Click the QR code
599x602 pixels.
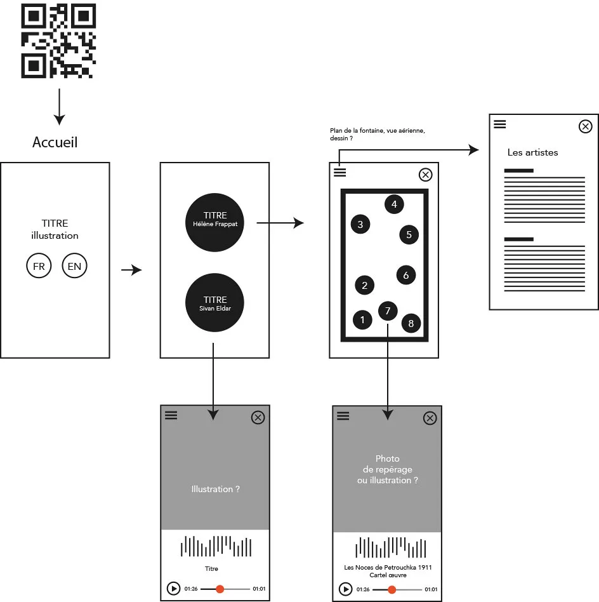point(58,41)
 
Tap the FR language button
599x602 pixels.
point(39,265)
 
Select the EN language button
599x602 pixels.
point(74,265)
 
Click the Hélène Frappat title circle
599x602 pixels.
point(214,222)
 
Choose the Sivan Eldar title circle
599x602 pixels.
point(214,302)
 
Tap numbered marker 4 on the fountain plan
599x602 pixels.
point(394,204)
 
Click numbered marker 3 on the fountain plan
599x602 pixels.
point(360,224)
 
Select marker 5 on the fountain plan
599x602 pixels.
point(409,234)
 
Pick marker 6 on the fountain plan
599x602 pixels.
point(406,275)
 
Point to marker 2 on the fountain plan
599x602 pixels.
point(365,285)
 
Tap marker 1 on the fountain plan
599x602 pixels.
point(362,320)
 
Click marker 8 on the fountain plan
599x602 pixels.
point(411,323)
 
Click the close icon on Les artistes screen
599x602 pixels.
point(585,126)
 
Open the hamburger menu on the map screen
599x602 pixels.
point(340,172)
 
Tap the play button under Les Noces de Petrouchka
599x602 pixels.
point(345,589)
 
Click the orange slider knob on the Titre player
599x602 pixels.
point(220,589)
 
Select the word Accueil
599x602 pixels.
point(55,142)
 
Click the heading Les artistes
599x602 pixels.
point(532,152)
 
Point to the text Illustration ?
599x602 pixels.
point(215,489)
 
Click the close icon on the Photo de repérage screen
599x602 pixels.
point(430,418)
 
